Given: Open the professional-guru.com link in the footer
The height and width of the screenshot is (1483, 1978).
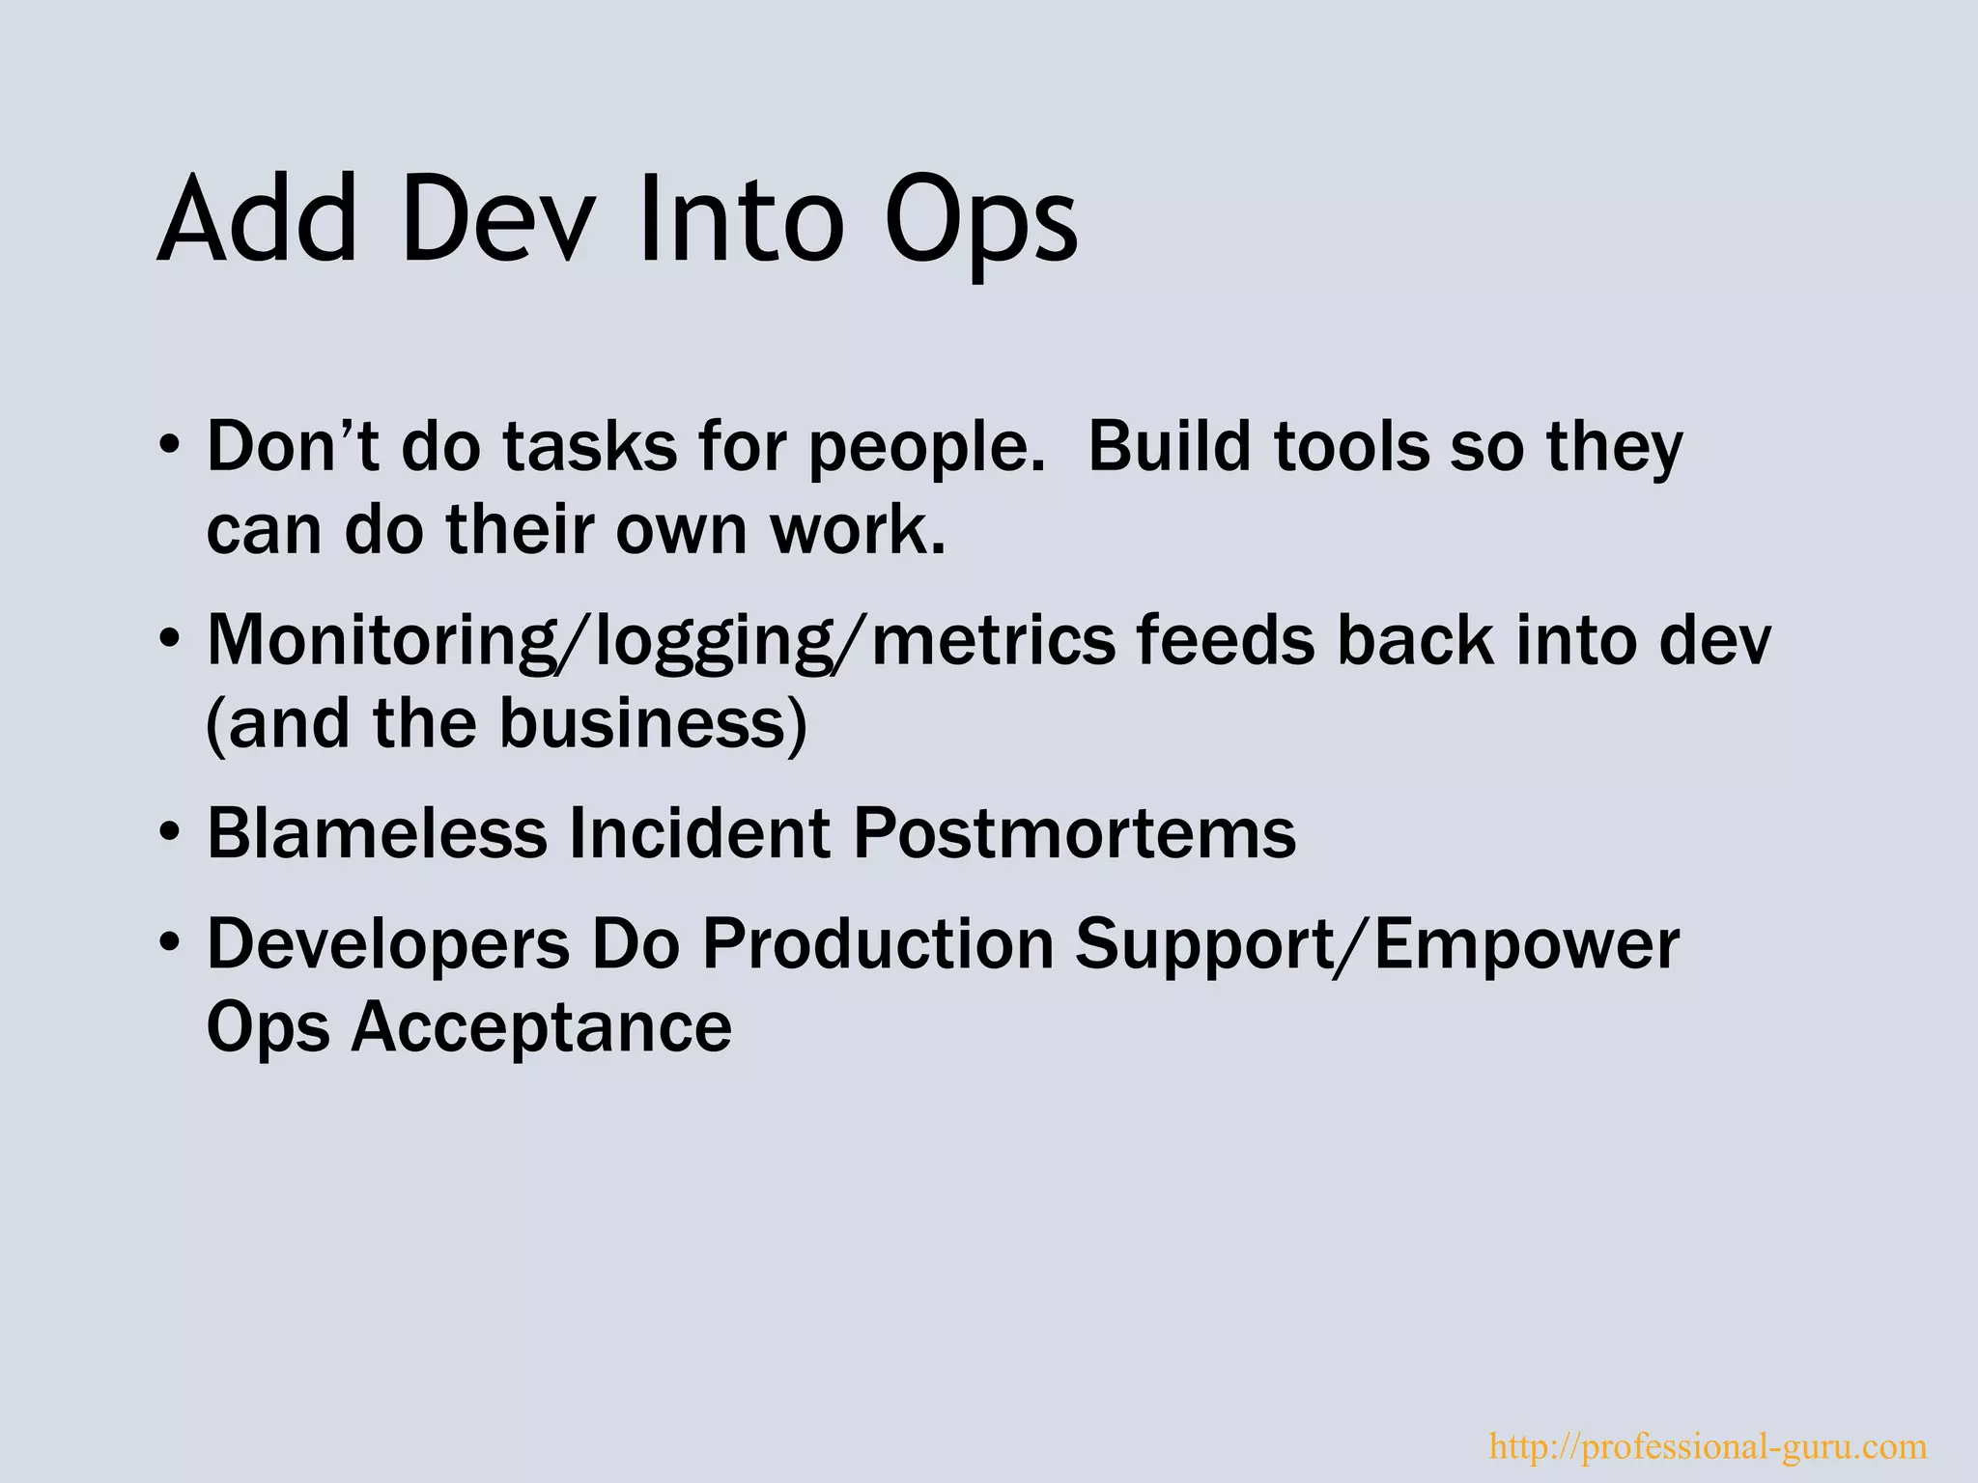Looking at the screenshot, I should [1708, 1446].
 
